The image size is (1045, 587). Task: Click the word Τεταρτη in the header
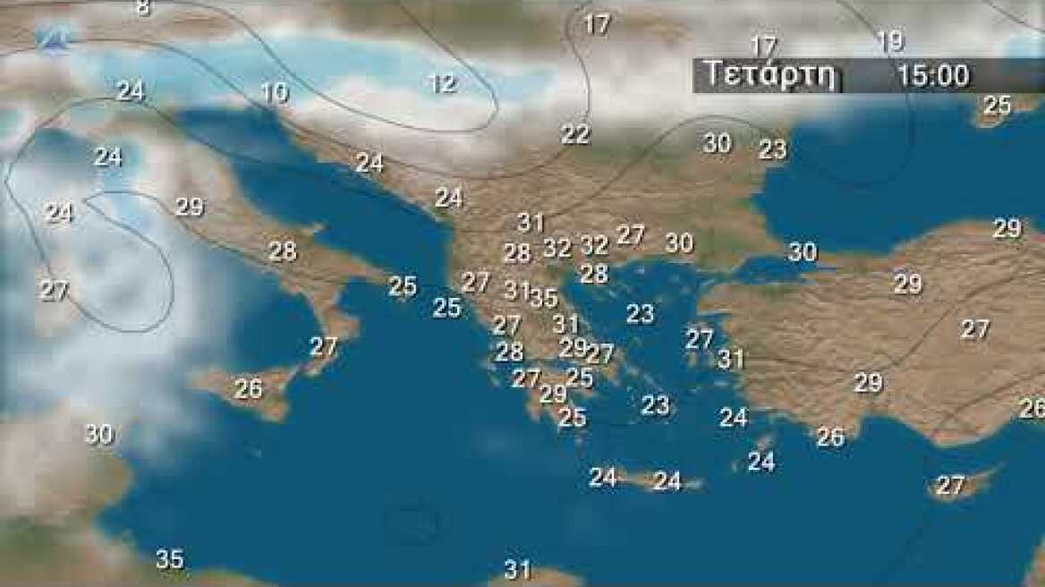pyautogui.click(x=771, y=74)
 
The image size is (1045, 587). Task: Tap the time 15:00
pyautogui.click(x=933, y=75)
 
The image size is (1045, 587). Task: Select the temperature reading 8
pyautogui.click(x=143, y=8)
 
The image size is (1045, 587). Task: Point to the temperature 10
pyautogui.click(x=275, y=91)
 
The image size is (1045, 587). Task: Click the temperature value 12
pyautogui.click(x=442, y=84)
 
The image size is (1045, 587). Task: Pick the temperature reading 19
pyautogui.click(x=890, y=41)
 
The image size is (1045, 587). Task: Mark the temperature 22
pyautogui.click(x=575, y=134)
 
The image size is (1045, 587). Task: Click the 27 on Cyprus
pyautogui.click(x=949, y=486)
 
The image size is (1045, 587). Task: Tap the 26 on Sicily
pyautogui.click(x=248, y=388)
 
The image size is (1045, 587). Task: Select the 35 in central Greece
pyautogui.click(x=543, y=297)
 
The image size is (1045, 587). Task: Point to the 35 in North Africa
pyautogui.click(x=169, y=559)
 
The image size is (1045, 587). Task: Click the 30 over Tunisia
pyautogui.click(x=98, y=434)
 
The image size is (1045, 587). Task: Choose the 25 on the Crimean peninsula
pyautogui.click(x=997, y=106)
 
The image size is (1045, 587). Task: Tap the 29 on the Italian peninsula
pyautogui.click(x=189, y=207)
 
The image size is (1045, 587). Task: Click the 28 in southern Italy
pyautogui.click(x=282, y=251)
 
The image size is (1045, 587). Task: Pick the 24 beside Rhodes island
pyautogui.click(x=760, y=462)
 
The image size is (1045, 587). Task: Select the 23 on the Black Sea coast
pyautogui.click(x=772, y=149)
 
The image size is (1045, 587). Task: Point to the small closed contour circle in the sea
pyautogui.click(x=412, y=523)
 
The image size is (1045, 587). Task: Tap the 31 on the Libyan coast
pyautogui.click(x=517, y=569)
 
